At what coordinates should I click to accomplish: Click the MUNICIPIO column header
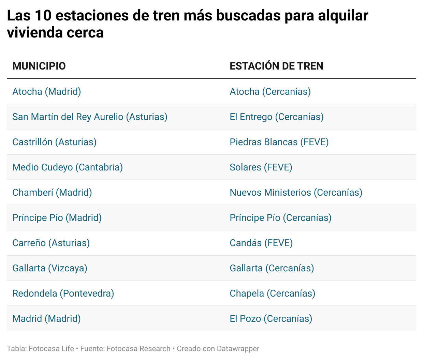click(x=39, y=66)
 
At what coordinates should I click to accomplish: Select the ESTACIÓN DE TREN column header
click(x=276, y=66)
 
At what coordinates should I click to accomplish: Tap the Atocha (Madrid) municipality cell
click(x=47, y=91)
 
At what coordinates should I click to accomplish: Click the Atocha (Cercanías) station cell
click(x=270, y=91)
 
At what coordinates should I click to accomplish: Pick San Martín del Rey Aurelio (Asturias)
click(x=90, y=117)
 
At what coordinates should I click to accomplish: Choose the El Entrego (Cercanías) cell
click(x=277, y=117)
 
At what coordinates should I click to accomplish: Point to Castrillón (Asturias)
click(x=55, y=142)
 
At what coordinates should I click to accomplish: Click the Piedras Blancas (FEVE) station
click(x=279, y=142)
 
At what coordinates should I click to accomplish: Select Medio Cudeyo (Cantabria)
click(x=68, y=167)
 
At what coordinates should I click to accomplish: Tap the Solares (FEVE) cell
click(x=261, y=167)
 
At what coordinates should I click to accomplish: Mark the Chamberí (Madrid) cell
click(x=52, y=192)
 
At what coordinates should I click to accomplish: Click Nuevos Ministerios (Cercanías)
click(x=296, y=192)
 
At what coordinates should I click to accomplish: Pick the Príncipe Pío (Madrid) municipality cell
click(x=57, y=217)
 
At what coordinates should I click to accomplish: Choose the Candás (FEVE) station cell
click(x=261, y=243)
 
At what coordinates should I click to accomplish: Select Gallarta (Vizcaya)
click(x=50, y=268)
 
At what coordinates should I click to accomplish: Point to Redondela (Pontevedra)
click(x=63, y=293)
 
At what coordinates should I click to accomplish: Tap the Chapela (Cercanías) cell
click(x=273, y=293)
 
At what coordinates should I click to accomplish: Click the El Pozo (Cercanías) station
click(x=271, y=318)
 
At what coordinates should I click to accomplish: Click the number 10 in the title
click(x=42, y=15)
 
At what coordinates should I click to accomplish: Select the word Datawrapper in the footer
click(x=238, y=348)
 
